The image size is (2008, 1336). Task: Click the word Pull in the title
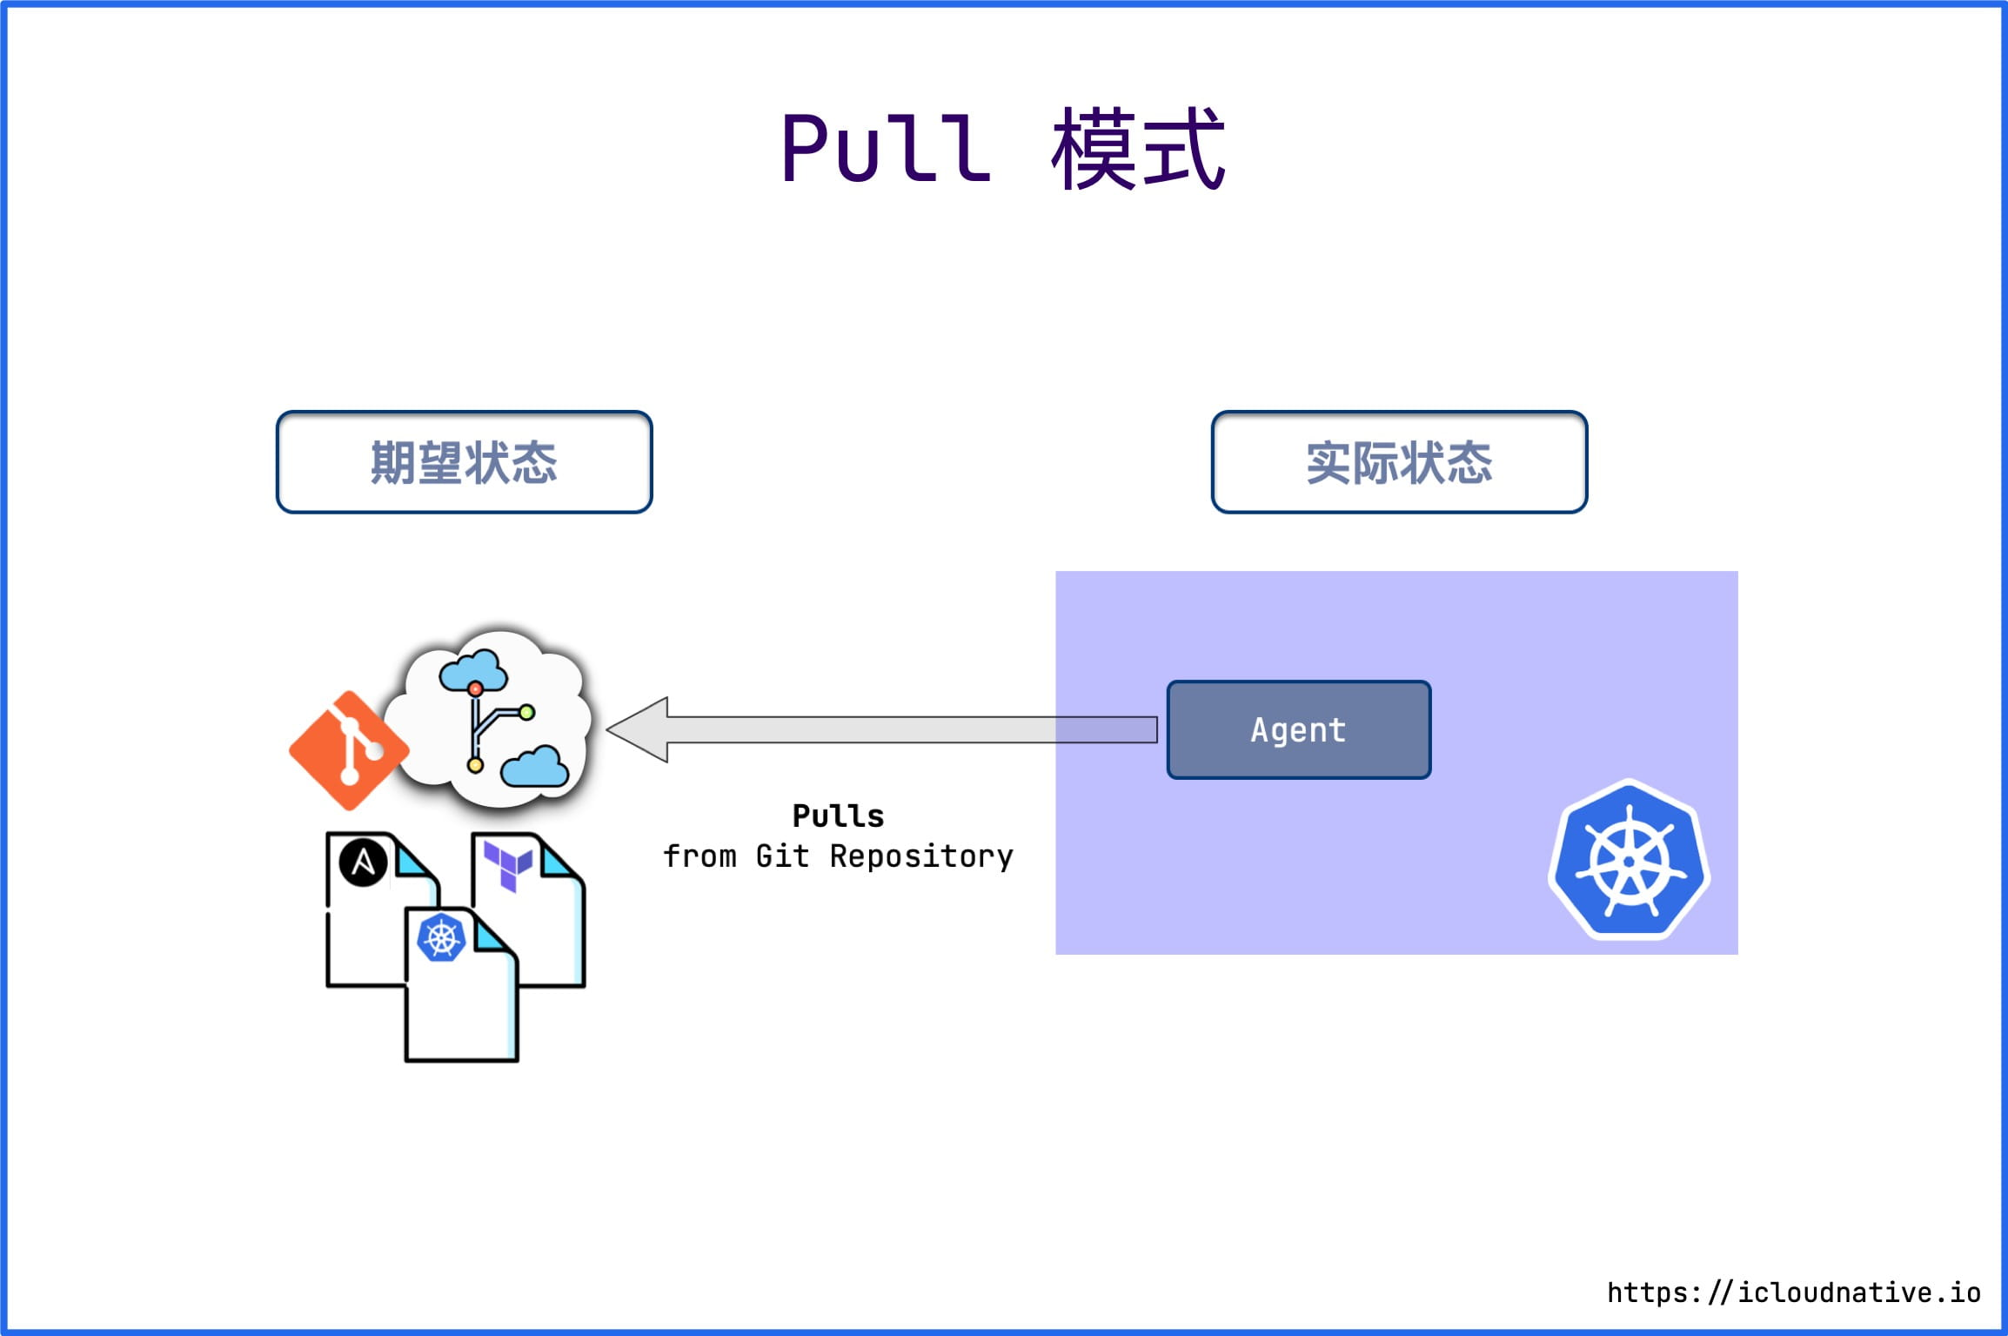point(886,150)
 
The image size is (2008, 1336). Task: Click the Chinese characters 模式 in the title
point(1138,150)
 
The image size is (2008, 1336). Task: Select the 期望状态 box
point(464,462)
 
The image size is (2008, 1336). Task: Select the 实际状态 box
point(1399,462)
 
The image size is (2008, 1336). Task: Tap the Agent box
point(1298,729)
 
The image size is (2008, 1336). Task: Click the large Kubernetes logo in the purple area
point(1629,860)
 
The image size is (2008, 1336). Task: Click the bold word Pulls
point(838,816)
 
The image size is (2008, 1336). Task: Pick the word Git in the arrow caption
point(782,856)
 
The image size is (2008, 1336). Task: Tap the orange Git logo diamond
point(349,750)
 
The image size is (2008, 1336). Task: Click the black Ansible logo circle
point(363,863)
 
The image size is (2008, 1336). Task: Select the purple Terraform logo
point(508,864)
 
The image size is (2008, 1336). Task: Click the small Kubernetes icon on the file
point(442,938)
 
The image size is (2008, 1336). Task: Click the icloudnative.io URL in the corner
point(1793,1292)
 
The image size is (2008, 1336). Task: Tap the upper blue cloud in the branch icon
point(472,671)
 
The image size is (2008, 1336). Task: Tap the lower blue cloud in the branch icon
point(534,767)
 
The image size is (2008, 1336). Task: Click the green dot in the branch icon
point(526,713)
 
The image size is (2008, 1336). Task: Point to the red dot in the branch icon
point(475,689)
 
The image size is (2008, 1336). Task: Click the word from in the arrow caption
point(699,856)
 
